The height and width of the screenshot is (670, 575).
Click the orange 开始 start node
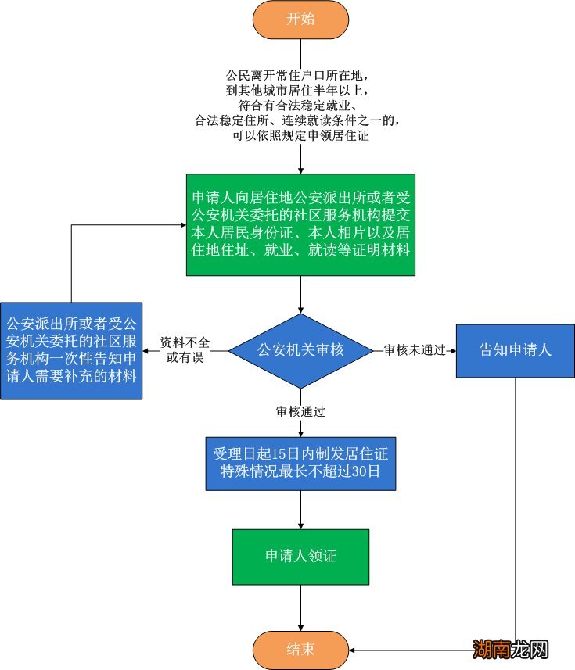click(300, 20)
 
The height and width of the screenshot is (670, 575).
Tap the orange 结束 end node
click(300, 650)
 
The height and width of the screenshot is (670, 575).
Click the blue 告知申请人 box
click(515, 350)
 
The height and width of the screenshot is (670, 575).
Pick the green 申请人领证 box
click(300, 556)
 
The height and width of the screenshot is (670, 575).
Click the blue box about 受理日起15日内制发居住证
click(300, 463)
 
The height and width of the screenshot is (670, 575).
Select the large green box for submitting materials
click(300, 224)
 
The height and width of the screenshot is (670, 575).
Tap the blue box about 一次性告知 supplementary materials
click(71, 350)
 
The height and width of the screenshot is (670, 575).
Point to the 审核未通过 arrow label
click(414, 350)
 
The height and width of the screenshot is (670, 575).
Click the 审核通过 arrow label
click(300, 410)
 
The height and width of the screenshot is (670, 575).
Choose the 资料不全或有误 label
click(185, 350)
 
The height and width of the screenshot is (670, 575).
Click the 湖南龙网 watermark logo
click(510, 650)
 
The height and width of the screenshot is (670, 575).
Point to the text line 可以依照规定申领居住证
click(300, 135)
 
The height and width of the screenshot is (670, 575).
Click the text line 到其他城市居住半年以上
click(300, 91)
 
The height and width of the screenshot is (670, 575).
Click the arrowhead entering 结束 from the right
click(353, 650)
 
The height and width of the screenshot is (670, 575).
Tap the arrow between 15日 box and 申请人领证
click(300, 510)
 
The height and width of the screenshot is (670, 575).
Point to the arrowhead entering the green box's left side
click(181, 226)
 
